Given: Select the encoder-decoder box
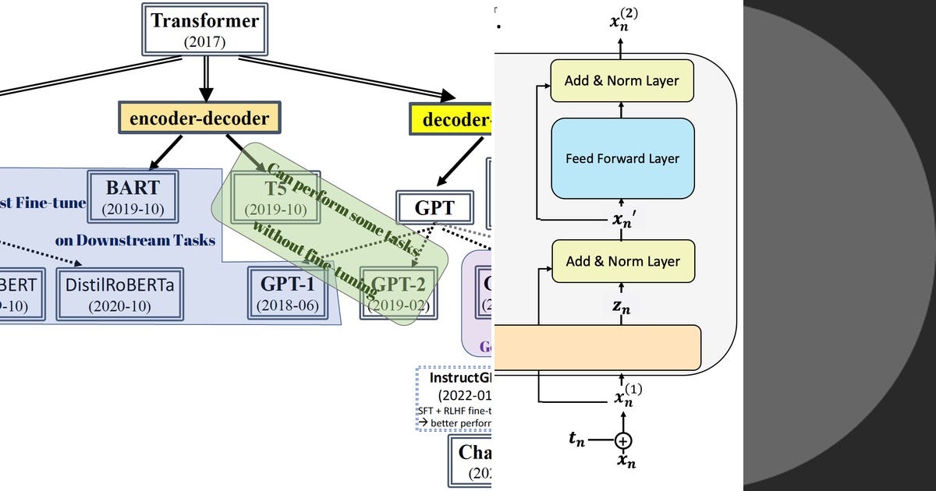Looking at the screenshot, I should click(x=199, y=119).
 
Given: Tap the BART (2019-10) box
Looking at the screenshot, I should click(x=133, y=196).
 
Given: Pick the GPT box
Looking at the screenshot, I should click(x=434, y=208).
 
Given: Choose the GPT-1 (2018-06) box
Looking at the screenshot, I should click(x=288, y=293).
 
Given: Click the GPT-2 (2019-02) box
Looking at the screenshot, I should click(x=399, y=293).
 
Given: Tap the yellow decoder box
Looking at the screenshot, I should click(x=452, y=120).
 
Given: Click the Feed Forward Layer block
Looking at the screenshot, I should click(x=622, y=159).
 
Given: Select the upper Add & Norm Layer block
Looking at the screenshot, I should click(x=622, y=80).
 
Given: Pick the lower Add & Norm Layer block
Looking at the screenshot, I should click(x=622, y=261).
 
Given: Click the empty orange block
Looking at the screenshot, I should click(x=597, y=347).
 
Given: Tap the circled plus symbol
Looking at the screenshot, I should click(x=622, y=441).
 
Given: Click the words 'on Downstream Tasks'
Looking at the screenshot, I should click(x=135, y=240).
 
